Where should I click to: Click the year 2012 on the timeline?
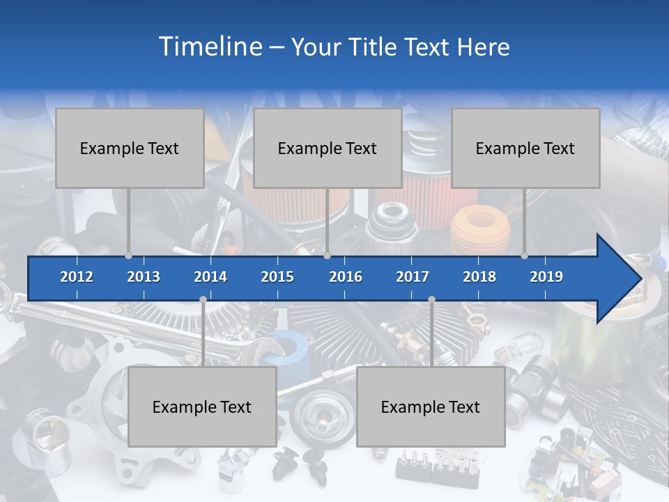click(77, 277)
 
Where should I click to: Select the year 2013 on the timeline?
click(144, 277)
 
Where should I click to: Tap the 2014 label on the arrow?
click(210, 277)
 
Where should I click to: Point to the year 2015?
click(277, 277)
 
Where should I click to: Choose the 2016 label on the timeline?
click(346, 277)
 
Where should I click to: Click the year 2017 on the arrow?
click(413, 277)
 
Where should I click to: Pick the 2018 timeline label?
click(479, 277)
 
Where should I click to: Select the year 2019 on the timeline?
click(546, 277)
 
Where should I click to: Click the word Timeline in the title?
click(209, 47)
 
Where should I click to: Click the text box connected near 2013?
click(130, 148)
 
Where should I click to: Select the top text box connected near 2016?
click(328, 148)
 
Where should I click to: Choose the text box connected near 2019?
click(525, 148)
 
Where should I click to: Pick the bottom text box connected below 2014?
click(202, 406)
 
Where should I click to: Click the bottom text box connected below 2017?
click(431, 406)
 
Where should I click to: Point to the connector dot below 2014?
click(203, 300)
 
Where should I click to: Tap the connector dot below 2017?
click(431, 300)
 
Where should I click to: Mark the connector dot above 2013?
click(128, 255)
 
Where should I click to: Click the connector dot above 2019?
click(524, 255)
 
